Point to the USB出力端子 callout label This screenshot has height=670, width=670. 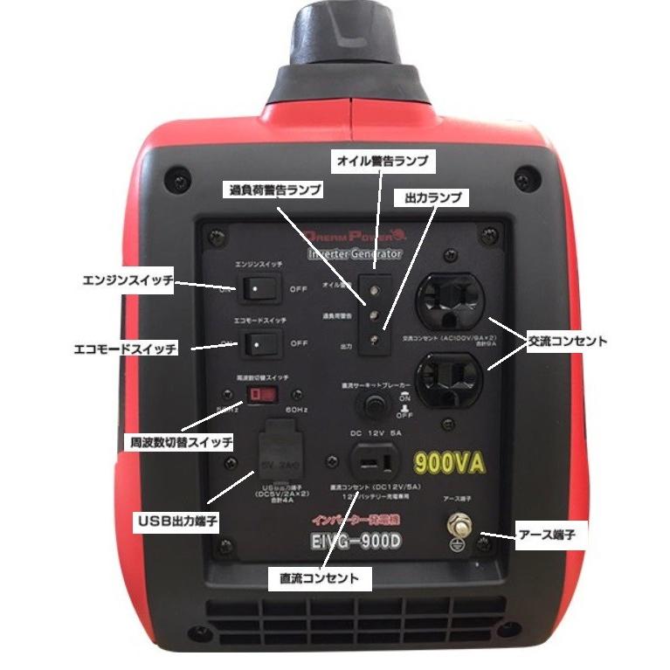(176, 521)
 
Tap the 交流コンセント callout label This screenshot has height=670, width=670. (566, 342)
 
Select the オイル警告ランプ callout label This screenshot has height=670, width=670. (382, 161)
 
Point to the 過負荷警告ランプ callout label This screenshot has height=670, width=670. (275, 190)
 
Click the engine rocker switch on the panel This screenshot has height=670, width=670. (257, 287)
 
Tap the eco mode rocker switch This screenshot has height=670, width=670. (257, 342)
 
